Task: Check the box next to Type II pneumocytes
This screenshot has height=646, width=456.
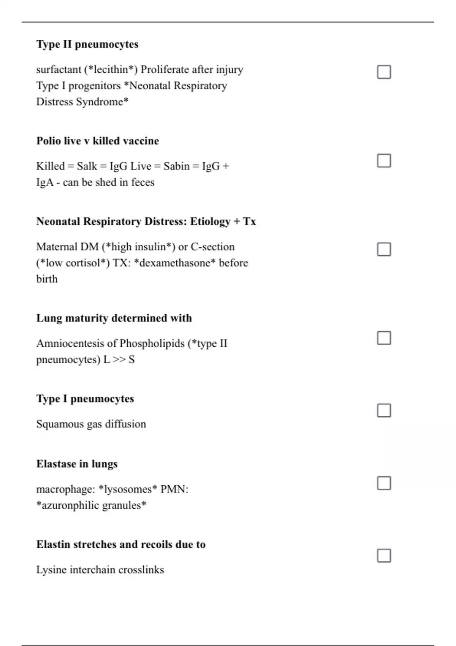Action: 384,72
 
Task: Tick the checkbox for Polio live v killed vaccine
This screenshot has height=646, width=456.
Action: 384,160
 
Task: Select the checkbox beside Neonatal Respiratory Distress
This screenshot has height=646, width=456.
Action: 384,249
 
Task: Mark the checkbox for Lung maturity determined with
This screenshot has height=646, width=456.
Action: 384,338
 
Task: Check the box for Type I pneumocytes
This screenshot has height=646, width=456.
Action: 384,410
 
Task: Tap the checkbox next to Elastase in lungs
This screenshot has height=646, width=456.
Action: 384,483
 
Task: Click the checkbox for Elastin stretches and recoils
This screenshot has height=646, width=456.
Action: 384,556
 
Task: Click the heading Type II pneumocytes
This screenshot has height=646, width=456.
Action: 87,44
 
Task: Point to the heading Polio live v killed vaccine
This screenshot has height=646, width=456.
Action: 97,141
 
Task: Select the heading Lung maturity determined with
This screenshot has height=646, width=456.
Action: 114,318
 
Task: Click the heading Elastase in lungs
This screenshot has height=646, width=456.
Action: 77,464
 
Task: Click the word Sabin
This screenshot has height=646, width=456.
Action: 176,166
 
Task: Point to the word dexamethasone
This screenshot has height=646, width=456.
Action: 175,263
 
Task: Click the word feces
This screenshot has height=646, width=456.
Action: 142,182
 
